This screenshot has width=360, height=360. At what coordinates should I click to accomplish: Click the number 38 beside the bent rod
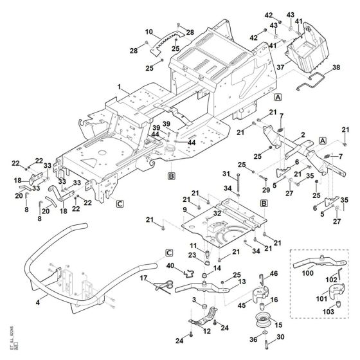[x=336, y=67]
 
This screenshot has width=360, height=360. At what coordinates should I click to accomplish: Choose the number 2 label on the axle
[x=302, y=135]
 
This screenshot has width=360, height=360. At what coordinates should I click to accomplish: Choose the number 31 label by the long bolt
[x=226, y=174]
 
